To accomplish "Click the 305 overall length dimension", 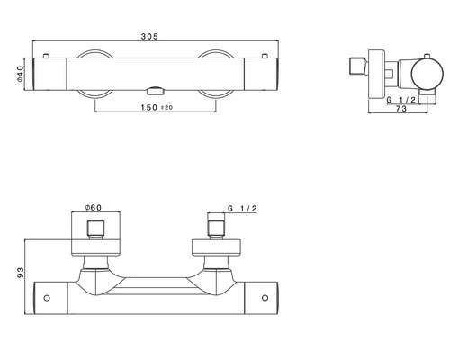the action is (x=149, y=37).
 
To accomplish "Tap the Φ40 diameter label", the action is (x=20, y=74).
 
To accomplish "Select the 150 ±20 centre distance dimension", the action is (x=157, y=107).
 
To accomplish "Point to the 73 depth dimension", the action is (x=401, y=109).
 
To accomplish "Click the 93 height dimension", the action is (x=21, y=273).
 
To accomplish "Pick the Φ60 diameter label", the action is (x=94, y=207).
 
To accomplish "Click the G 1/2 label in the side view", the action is (x=401, y=100).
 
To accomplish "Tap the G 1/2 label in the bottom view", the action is (x=242, y=209).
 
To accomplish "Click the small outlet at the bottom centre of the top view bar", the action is (x=156, y=91).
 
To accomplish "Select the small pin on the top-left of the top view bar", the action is (x=46, y=56).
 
